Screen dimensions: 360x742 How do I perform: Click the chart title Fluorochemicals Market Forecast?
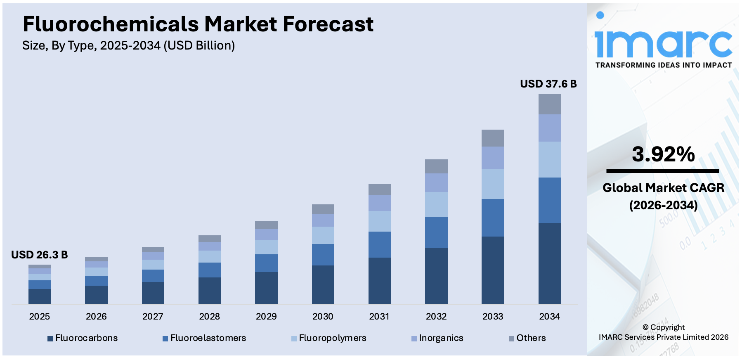(x=198, y=24)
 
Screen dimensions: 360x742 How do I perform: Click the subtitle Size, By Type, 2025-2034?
(x=128, y=45)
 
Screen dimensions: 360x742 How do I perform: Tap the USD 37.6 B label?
(x=548, y=84)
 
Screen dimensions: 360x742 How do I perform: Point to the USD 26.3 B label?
(x=39, y=255)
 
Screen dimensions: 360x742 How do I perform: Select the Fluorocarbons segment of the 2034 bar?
(x=549, y=263)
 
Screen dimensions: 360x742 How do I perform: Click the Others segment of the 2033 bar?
(x=493, y=138)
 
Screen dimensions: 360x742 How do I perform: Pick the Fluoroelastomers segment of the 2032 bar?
(x=436, y=232)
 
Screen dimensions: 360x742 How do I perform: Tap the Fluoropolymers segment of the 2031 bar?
(x=379, y=221)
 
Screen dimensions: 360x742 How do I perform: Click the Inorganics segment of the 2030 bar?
(x=323, y=220)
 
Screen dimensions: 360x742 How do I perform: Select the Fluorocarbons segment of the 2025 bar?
(x=40, y=296)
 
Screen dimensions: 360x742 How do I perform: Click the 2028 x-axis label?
(x=209, y=317)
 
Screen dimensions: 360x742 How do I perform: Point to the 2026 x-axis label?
(x=96, y=317)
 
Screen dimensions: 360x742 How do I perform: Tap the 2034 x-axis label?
(x=549, y=317)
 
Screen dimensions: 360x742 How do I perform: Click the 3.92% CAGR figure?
(x=663, y=154)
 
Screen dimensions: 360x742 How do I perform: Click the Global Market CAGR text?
(x=663, y=188)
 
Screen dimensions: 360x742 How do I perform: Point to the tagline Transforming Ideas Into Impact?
(x=663, y=65)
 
